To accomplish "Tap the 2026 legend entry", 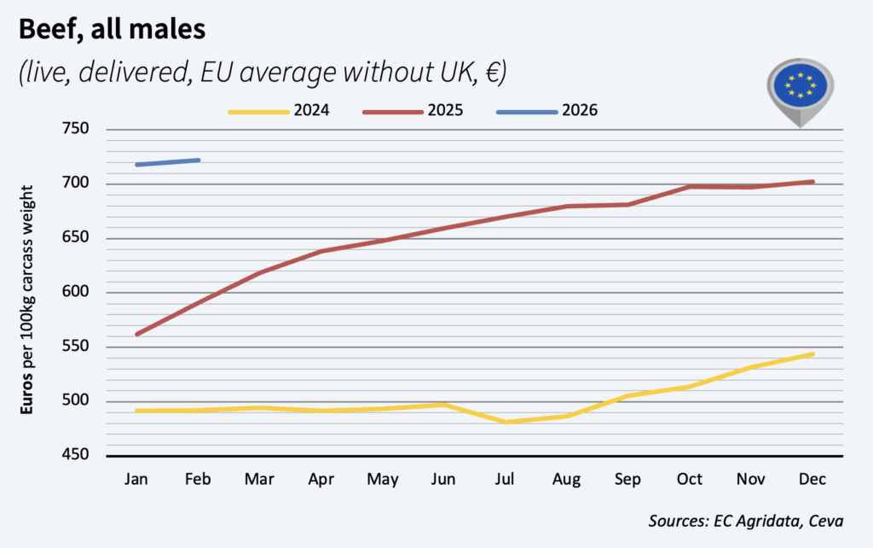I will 546,111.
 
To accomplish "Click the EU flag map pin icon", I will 800,86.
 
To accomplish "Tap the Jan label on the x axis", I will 136,480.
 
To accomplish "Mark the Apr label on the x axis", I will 321,480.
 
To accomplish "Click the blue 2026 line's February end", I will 199,160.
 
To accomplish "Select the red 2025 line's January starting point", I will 137,334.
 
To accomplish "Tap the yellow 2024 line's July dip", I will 506,422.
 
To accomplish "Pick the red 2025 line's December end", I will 813,181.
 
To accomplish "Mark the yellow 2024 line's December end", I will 813,354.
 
